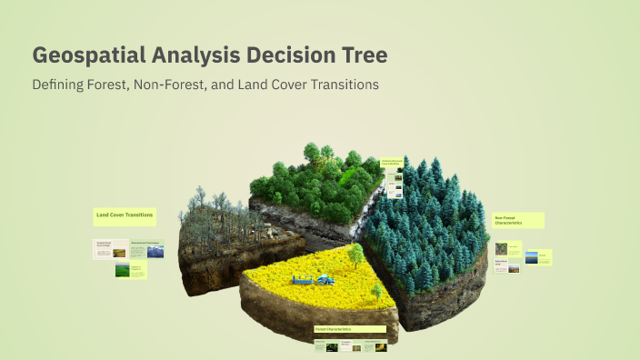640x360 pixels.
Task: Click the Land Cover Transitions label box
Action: click(x=125, y=216)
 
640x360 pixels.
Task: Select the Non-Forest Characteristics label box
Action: click(x=518, y=220)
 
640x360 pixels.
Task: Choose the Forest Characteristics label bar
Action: click(x=349, y=329)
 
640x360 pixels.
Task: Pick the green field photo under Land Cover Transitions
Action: click(x=121, y=270)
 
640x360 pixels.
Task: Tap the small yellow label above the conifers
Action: click(x=392, y=165)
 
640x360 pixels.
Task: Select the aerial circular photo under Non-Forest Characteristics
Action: click(x=502, y=248)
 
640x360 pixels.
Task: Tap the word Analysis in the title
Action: click(x=190, y=55)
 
